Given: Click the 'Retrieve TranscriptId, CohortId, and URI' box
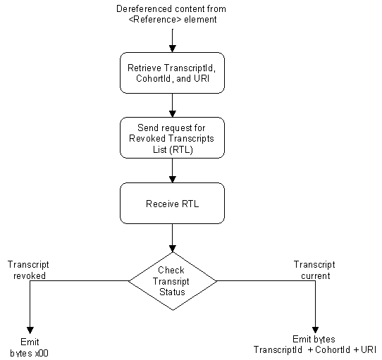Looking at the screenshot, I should [172, 74].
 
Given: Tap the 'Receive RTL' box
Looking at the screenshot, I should [172, 204].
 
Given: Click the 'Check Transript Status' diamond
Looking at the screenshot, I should [172, 280].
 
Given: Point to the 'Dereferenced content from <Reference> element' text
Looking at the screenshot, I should [172, 13].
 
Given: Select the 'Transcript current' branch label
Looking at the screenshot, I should [312, 271].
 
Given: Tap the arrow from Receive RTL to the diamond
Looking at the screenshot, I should [172, 238].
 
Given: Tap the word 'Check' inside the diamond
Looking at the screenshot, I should [171, 271].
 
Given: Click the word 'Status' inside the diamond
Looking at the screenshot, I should [171, 292].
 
